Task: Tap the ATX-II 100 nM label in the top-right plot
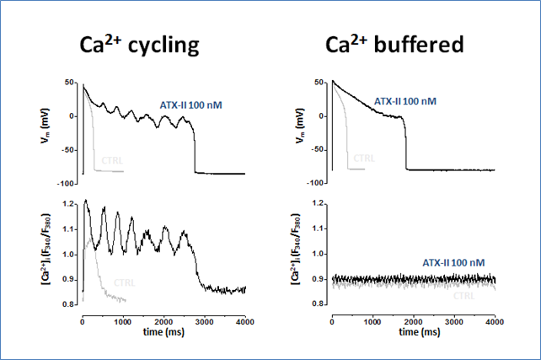point(406,101)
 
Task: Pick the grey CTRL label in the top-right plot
point(363,157)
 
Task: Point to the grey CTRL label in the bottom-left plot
point(124,282)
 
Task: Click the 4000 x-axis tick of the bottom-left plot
point(244,322)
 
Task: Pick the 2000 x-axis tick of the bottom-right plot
point(413,322)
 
